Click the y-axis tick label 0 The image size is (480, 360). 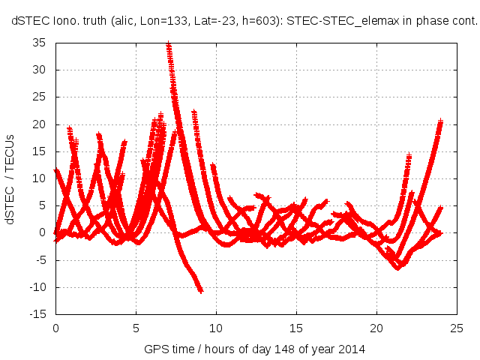click(x=43, y=233)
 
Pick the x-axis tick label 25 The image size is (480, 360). click(x=456, y=328)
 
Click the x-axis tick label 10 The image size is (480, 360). click(x=216, y=328)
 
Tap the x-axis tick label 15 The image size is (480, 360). click(x=296, y=328)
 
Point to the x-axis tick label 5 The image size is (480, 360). click(x=136, y=328)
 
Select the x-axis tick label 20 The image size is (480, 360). click(x=376, y=328)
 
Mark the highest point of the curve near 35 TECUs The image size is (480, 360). click(x=169, y=45)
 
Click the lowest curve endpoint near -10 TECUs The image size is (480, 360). click(x=200, y=289)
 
